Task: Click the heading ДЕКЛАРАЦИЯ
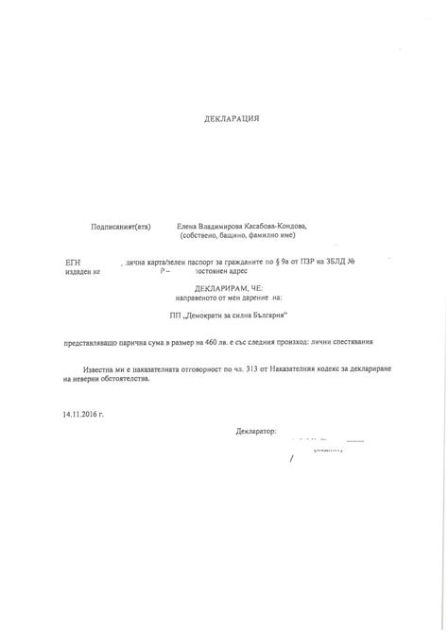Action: [x=232, y=120]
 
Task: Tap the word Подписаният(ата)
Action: [x=121, y=227]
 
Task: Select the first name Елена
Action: [x=189, y=227]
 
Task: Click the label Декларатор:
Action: [x=255, y=432]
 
